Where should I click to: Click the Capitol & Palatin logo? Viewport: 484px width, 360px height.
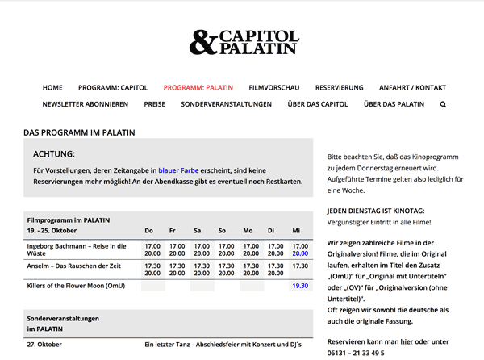point(243,42)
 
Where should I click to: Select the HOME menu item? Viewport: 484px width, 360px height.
point(52,87)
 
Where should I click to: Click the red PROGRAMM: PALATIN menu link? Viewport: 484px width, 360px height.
point(198,87)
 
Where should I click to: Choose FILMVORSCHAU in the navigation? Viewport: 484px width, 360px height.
point(274,87)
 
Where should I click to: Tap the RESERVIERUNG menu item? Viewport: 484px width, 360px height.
point(339,87)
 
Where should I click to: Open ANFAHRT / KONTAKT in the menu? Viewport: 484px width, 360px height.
point(412,87)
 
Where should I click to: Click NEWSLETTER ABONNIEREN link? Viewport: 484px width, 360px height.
point(86,104)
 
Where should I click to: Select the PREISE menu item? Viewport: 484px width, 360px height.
point(155,104)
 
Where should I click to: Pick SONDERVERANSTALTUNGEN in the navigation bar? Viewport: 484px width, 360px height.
point(227,104)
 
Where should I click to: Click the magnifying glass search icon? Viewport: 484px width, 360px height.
point(443,104)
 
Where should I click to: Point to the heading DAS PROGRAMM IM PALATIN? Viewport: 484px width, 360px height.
point(79,132)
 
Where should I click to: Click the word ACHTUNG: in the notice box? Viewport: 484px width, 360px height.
point(54,153)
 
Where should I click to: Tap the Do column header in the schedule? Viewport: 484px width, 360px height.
point(148,231)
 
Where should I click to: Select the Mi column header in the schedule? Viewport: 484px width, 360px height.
point(296,231)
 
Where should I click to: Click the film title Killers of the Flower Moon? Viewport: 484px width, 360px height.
point(76,286)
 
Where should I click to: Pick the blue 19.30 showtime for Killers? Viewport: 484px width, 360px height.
point(300,286)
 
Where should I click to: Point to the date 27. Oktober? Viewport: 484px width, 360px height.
point(44,345)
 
